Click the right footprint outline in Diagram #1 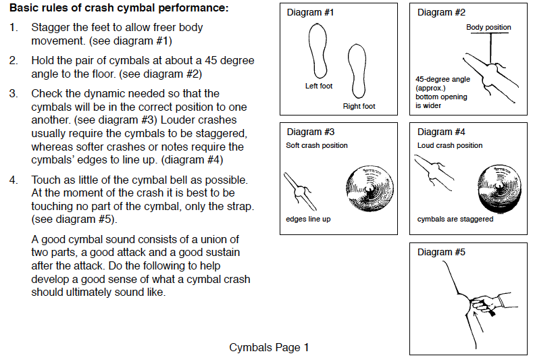pos(355,72)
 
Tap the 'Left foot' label pos(319,86)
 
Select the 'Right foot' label pos(359,106)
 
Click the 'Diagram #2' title pos(441,13)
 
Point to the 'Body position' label pos(488,28)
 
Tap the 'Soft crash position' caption pos(317,145)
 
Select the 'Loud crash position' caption pos(450,145)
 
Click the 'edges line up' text pos(308,219)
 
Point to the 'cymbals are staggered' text pos(455,219)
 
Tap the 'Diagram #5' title pos(441,253)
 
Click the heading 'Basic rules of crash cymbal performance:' pos(118,9)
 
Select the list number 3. pos(14,93)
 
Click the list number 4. pos(14,180)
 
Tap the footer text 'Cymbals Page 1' pos(269,347)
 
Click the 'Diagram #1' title pos(310,13)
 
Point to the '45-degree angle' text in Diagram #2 pos(442,79)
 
